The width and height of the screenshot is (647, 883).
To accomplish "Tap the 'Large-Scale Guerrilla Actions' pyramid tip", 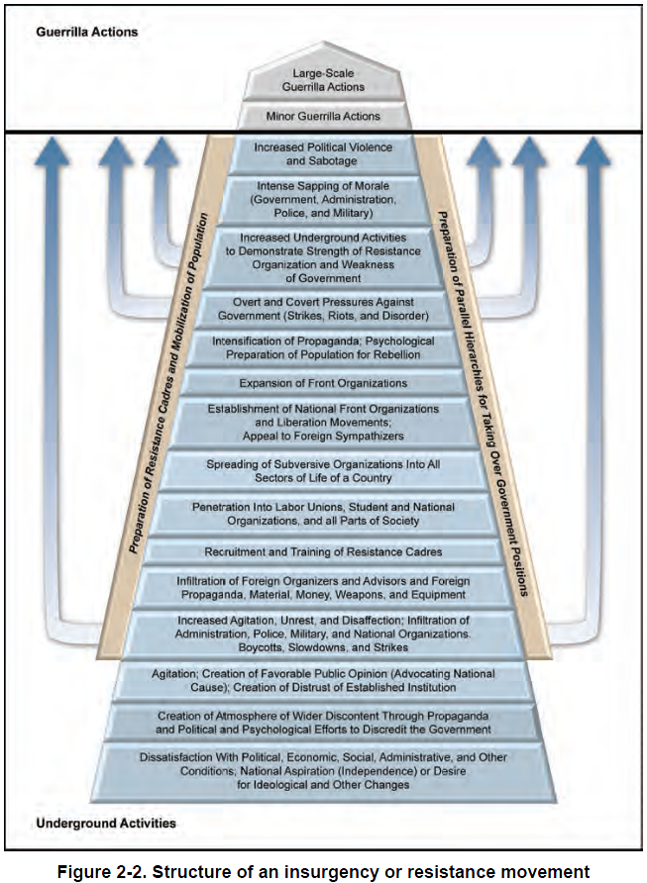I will (322, 80).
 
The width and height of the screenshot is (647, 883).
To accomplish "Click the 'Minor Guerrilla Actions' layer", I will (322, 117).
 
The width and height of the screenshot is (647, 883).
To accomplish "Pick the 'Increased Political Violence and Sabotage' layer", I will (322, 154).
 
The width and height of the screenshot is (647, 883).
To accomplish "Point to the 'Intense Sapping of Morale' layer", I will (322, 199).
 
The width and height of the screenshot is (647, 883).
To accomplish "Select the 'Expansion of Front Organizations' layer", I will (322, 383).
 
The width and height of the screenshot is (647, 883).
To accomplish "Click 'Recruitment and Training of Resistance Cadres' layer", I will (322, 550).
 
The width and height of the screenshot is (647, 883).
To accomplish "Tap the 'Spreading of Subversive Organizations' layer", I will (322, 470).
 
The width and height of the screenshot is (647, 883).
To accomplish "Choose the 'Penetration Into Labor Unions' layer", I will (322, 514).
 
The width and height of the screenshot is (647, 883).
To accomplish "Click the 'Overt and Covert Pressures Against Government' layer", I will (322, 308).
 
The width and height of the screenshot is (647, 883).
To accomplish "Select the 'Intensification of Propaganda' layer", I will (322, 347).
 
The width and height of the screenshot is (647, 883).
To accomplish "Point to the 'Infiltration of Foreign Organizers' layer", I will (322, 587).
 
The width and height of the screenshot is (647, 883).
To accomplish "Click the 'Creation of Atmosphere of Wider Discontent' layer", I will (322, 723).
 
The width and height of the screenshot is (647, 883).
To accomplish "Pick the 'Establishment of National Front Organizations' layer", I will (322, 421).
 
